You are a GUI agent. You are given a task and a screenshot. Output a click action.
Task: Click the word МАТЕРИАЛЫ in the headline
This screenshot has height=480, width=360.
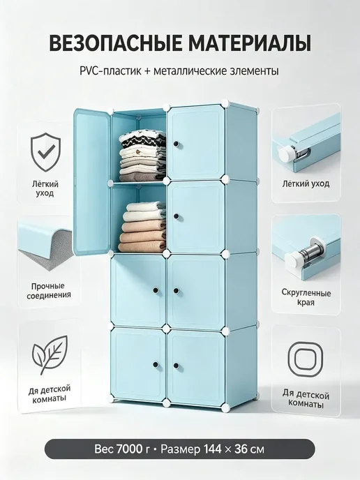pos(250,43)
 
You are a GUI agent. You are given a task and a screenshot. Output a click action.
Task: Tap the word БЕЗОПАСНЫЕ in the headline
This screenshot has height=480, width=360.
pos(115,43)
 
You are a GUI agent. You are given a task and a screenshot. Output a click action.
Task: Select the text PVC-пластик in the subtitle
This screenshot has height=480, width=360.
pos(110,71)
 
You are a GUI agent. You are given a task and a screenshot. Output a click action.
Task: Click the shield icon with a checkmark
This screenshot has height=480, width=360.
pos(46,152)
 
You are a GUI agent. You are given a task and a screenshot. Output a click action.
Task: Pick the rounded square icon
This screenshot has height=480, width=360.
pos(305,359)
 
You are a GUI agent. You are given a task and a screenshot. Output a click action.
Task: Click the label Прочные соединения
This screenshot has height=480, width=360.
pos(48,290)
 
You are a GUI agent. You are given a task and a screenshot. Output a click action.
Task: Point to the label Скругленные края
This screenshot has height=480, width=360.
pos(306,297)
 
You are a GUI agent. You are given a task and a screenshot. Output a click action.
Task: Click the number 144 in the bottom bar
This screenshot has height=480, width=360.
pos(212,449)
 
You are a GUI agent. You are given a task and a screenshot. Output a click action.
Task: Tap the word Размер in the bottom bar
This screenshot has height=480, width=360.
pos(180,450)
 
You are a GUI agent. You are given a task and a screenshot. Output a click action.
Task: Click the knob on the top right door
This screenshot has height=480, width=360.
pos(176,144)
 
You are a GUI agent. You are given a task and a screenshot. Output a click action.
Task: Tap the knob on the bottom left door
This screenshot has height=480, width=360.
pos(155,365)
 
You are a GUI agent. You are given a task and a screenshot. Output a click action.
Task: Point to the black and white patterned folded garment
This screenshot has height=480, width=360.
pos(142,140)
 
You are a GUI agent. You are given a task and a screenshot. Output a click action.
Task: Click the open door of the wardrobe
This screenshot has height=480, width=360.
pos(91,182)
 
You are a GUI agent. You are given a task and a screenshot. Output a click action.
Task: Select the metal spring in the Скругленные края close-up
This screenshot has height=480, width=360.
pos(309,253)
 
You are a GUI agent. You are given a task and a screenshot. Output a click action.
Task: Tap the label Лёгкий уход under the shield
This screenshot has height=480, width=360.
pos(45,189)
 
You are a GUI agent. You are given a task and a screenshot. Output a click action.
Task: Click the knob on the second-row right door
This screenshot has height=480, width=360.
pos(176,216)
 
